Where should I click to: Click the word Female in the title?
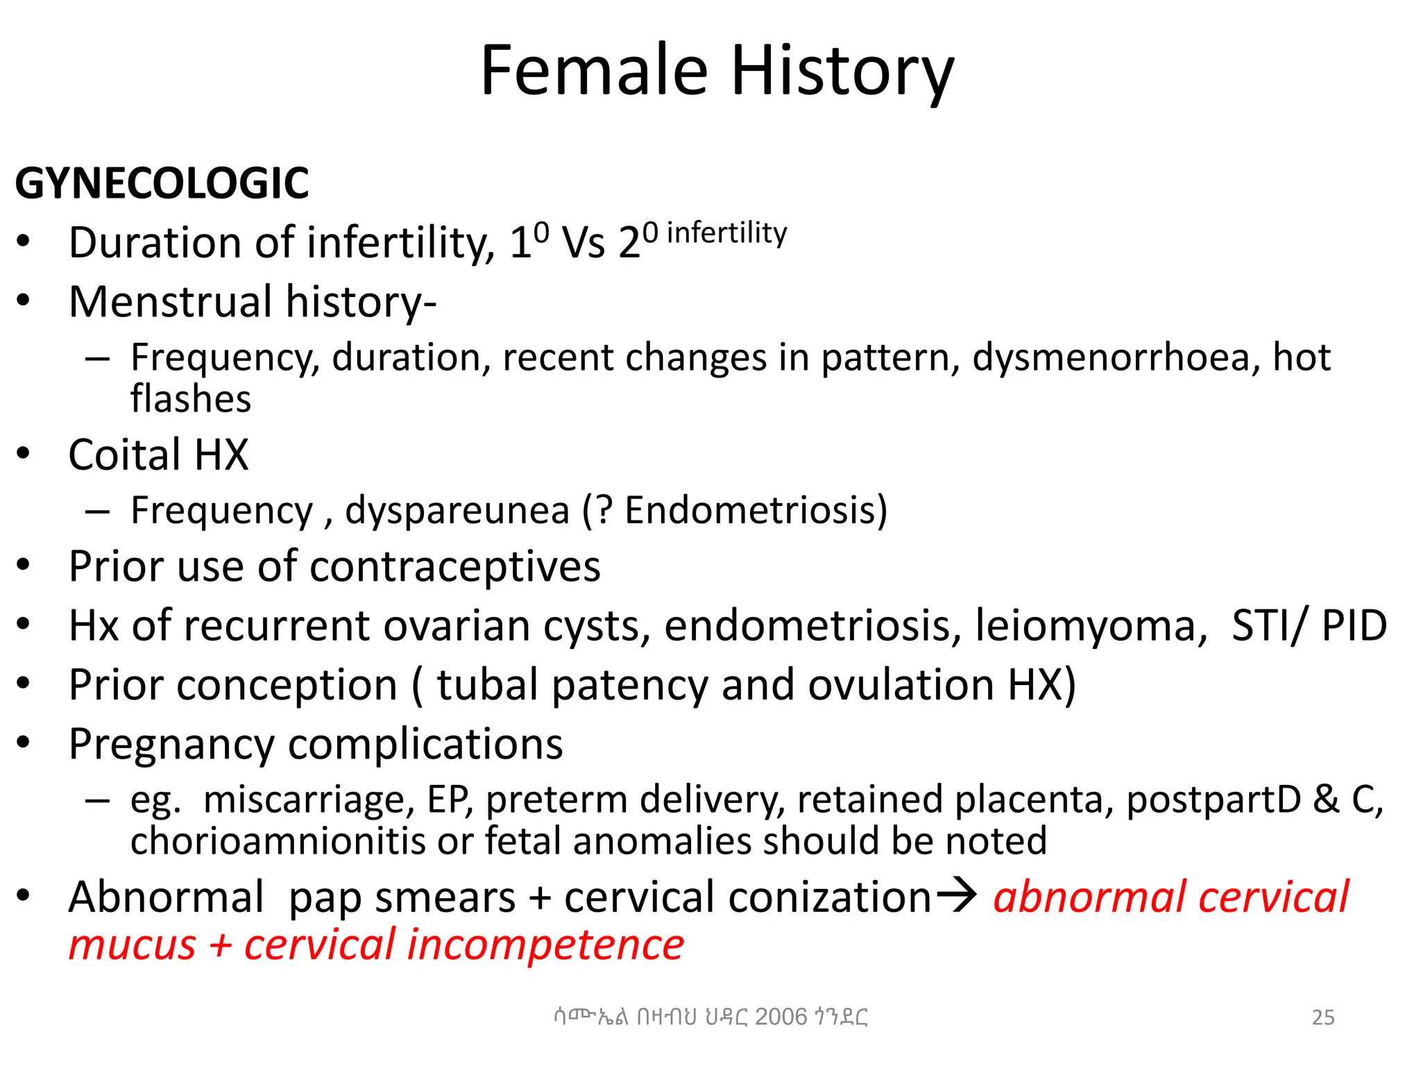click(594, 71)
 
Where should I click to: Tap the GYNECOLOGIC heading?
click(162, 184)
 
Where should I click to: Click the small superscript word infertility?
click(726, 233)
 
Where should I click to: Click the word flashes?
click(191, 399)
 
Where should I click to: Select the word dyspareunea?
click(457, 511)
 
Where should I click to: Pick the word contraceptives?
click(455, 567)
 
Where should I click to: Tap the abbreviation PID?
click(1354, 626)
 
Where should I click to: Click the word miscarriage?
click(309, 799)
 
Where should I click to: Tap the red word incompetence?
click(545, 945)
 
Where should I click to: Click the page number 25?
click(1322, 1017)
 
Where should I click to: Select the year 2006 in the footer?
click(781, 1017)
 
